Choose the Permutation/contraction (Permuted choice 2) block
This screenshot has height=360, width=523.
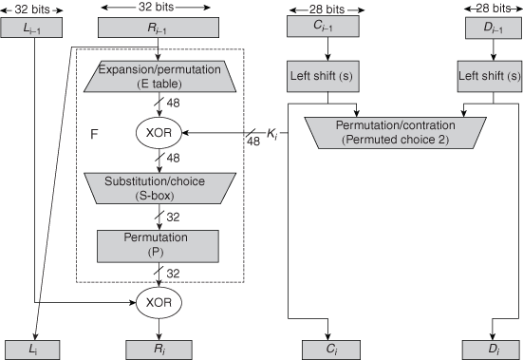[395, 131]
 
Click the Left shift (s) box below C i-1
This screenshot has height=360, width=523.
[328, 75]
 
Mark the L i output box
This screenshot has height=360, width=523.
[33, 349]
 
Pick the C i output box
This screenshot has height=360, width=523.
[328, 349]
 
